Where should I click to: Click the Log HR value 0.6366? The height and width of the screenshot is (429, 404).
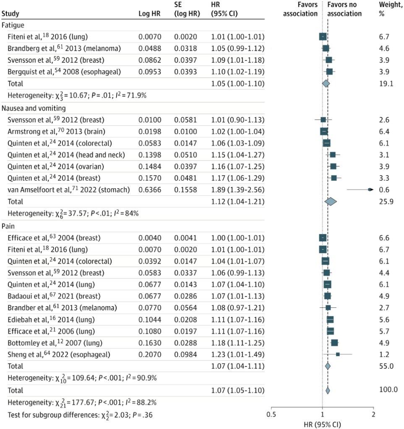click(149, 190)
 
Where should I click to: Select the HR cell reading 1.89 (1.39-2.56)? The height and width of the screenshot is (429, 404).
click(237, 190)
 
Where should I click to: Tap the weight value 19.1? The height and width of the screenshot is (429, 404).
click(386, 83)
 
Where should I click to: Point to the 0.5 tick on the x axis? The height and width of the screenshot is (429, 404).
click(271, 415)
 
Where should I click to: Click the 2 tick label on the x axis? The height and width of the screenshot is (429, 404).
click(373, 415)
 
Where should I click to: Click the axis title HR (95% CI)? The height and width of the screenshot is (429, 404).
click(322, 424)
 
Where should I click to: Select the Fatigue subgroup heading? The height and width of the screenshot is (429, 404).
click(13, 25)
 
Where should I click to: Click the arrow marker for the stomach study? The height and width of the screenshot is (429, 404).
click(370, 190)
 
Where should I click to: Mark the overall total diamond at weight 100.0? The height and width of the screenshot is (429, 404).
click(328, 390)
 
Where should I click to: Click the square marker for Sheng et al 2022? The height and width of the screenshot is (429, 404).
click(338, 354)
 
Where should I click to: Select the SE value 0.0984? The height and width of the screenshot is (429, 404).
click(185, 354)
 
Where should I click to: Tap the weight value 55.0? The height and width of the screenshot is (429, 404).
click(386, 366)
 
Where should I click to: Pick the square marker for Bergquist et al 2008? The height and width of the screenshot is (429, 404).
click(329, 72)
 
